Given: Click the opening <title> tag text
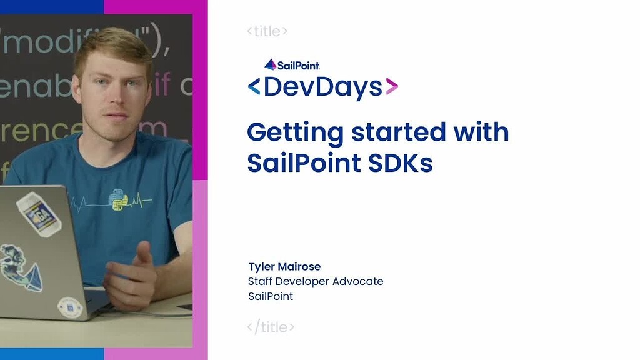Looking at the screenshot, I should click(267, 31).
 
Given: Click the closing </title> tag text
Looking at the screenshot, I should click(270, 326).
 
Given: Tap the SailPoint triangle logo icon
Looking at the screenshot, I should click(270, 64).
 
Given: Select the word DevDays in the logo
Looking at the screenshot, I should click(322, 87).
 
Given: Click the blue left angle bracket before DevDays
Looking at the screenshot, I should click(254, 87).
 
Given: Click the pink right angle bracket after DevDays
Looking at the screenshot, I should click(391, 87).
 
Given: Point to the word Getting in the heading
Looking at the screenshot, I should click(295, 132).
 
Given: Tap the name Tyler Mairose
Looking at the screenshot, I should click(284, 267).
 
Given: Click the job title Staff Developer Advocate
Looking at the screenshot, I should click(316, 281).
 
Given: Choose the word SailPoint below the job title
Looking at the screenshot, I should click(271, 296).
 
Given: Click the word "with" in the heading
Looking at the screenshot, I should click(480, 132).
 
